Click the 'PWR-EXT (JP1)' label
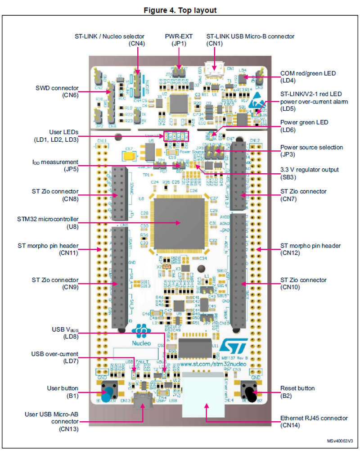(x=179, y=40)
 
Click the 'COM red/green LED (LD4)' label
(x=308, y=77)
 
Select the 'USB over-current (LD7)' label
(x=54, y=358)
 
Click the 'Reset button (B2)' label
(x=297, y=392)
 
